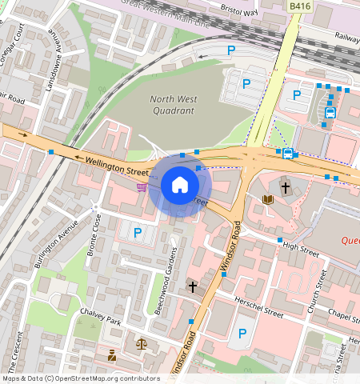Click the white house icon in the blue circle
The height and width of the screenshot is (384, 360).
180,186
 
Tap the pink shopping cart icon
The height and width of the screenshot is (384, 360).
142,187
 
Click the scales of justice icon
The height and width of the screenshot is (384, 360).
142,345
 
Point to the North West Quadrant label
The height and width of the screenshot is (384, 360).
172,105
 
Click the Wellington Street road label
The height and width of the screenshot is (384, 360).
118,166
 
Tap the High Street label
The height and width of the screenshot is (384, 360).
301,250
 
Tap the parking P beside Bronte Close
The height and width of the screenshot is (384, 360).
138,233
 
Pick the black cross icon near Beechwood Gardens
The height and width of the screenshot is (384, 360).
192,286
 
